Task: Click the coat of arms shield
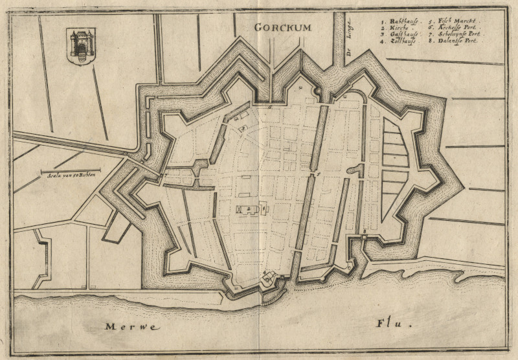81,45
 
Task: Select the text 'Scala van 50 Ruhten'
71,176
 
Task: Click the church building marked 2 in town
253,209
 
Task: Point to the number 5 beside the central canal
318,175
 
